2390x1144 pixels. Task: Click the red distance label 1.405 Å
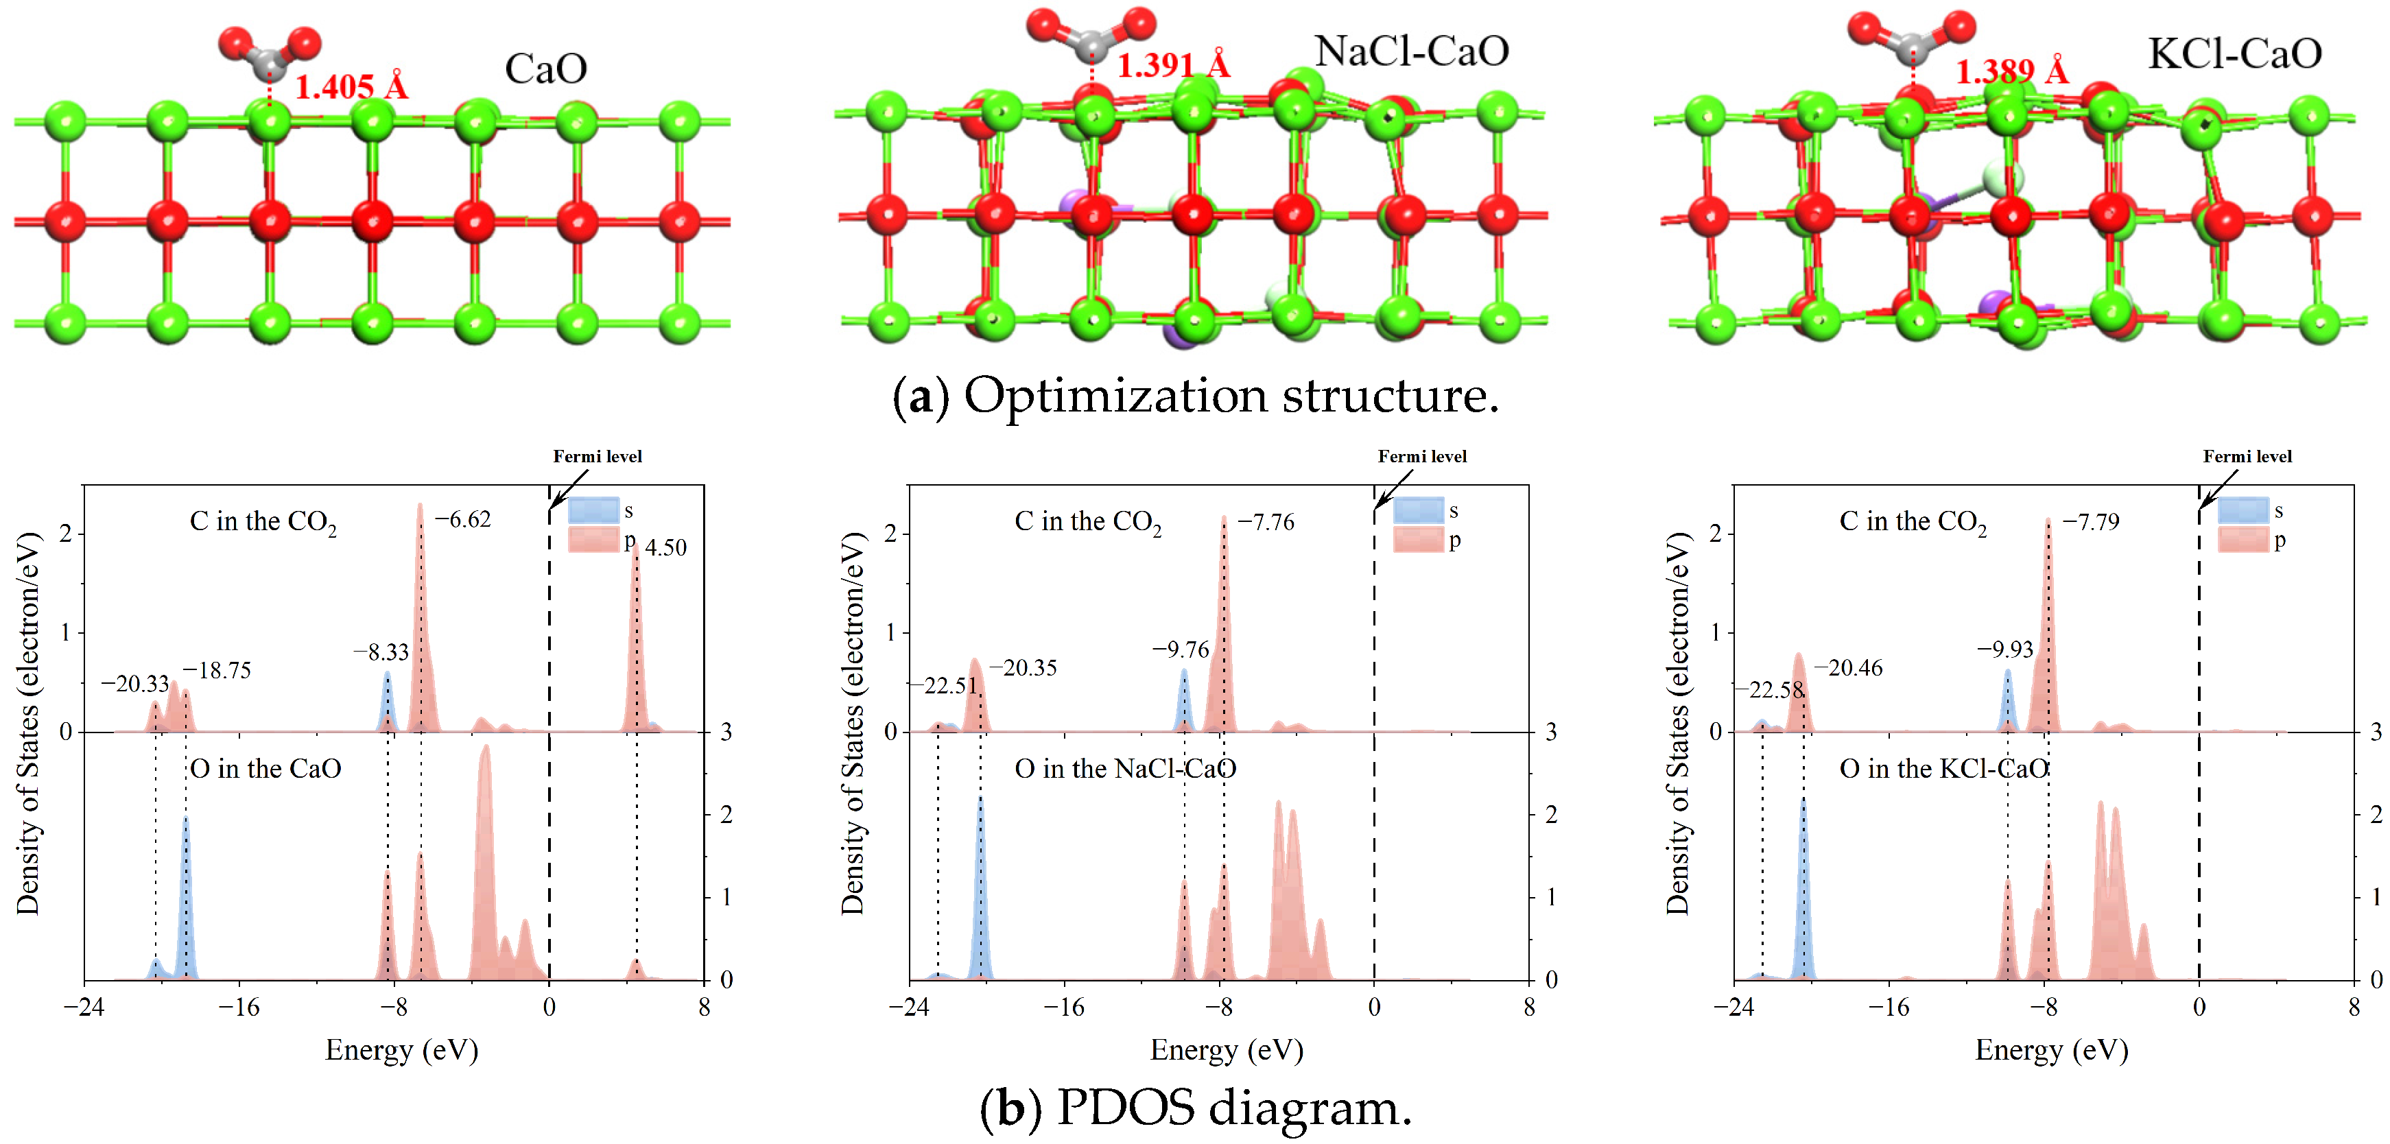point(351,87)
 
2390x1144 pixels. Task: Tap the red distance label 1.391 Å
point(1173,65)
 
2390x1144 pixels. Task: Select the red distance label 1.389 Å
point(2011,71)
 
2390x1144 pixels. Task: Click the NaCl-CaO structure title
point(1411,51)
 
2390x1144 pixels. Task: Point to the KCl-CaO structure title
point(2234,53)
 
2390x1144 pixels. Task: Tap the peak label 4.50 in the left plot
point(666,547)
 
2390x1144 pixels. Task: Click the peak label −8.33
point(381,652)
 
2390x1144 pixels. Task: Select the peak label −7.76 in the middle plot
point(1266,523)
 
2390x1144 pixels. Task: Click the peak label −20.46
point(1848,668)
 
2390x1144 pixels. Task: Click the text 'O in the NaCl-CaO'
point(1124,768)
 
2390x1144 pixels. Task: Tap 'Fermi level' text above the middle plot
point(1421,457)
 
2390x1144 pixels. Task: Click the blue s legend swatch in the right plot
point(2243,510)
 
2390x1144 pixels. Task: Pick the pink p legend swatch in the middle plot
point(1418,539)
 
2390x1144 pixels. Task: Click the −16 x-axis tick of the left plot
point(239,1008)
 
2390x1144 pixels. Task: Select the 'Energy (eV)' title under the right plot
point(2050,1050)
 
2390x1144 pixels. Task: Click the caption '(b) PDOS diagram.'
point(1195,1108)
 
